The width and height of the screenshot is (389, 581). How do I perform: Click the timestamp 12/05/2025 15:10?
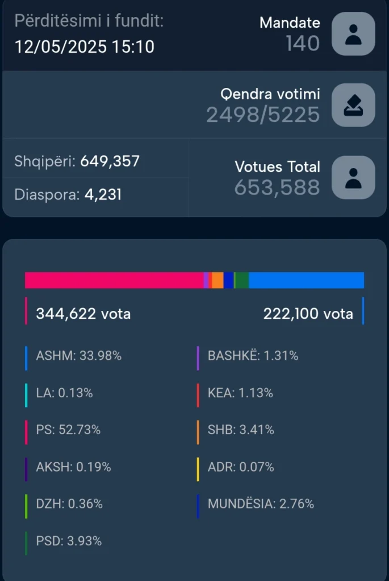pyautogui.click(x=84, y=46)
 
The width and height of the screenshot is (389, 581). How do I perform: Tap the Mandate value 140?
pyautogui.click(x=303, y=43)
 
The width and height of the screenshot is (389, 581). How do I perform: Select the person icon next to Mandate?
pyautogui.click(x=353, y=33)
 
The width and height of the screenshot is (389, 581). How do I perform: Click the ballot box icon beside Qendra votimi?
pyautogui.click(x=353, y=105)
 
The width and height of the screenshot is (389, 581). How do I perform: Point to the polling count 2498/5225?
pyautogui.click(x=263, y=115)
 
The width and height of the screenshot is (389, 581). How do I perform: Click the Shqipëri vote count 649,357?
pyautogui.click(x=110, y=161)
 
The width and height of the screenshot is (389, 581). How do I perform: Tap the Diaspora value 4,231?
pyautogui.click(x=103, y=195)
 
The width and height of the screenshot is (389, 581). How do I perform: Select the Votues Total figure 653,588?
pyautogui.click(x=277, y=187)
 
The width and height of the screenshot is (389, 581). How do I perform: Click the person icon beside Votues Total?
pyautogui.click(x=353, y=178)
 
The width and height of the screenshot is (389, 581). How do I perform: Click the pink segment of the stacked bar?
pyautogui.click(x=114, y=280)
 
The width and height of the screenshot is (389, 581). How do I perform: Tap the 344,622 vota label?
pyautogui.click(x=83, y=313)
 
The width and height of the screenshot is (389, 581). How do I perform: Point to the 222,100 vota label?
pyautogui.click(x=308, y=313)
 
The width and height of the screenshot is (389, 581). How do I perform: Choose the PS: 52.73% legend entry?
pyautogui.click(x=68, y=430)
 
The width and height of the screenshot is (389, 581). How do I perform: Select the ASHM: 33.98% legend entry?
pyautogui.click(x=78, y=356)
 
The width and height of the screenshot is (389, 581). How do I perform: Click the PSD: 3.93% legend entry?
pyautogui.click(x=69, y=541)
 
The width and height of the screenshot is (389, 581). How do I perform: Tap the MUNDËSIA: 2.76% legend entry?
pyautogui.click(x=261, y=504)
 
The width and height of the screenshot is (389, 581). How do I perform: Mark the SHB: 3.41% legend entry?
pyautogui.click(x=241, y=430)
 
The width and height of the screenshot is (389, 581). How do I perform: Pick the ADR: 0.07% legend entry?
pyautogui.click(x=241, y=467)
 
